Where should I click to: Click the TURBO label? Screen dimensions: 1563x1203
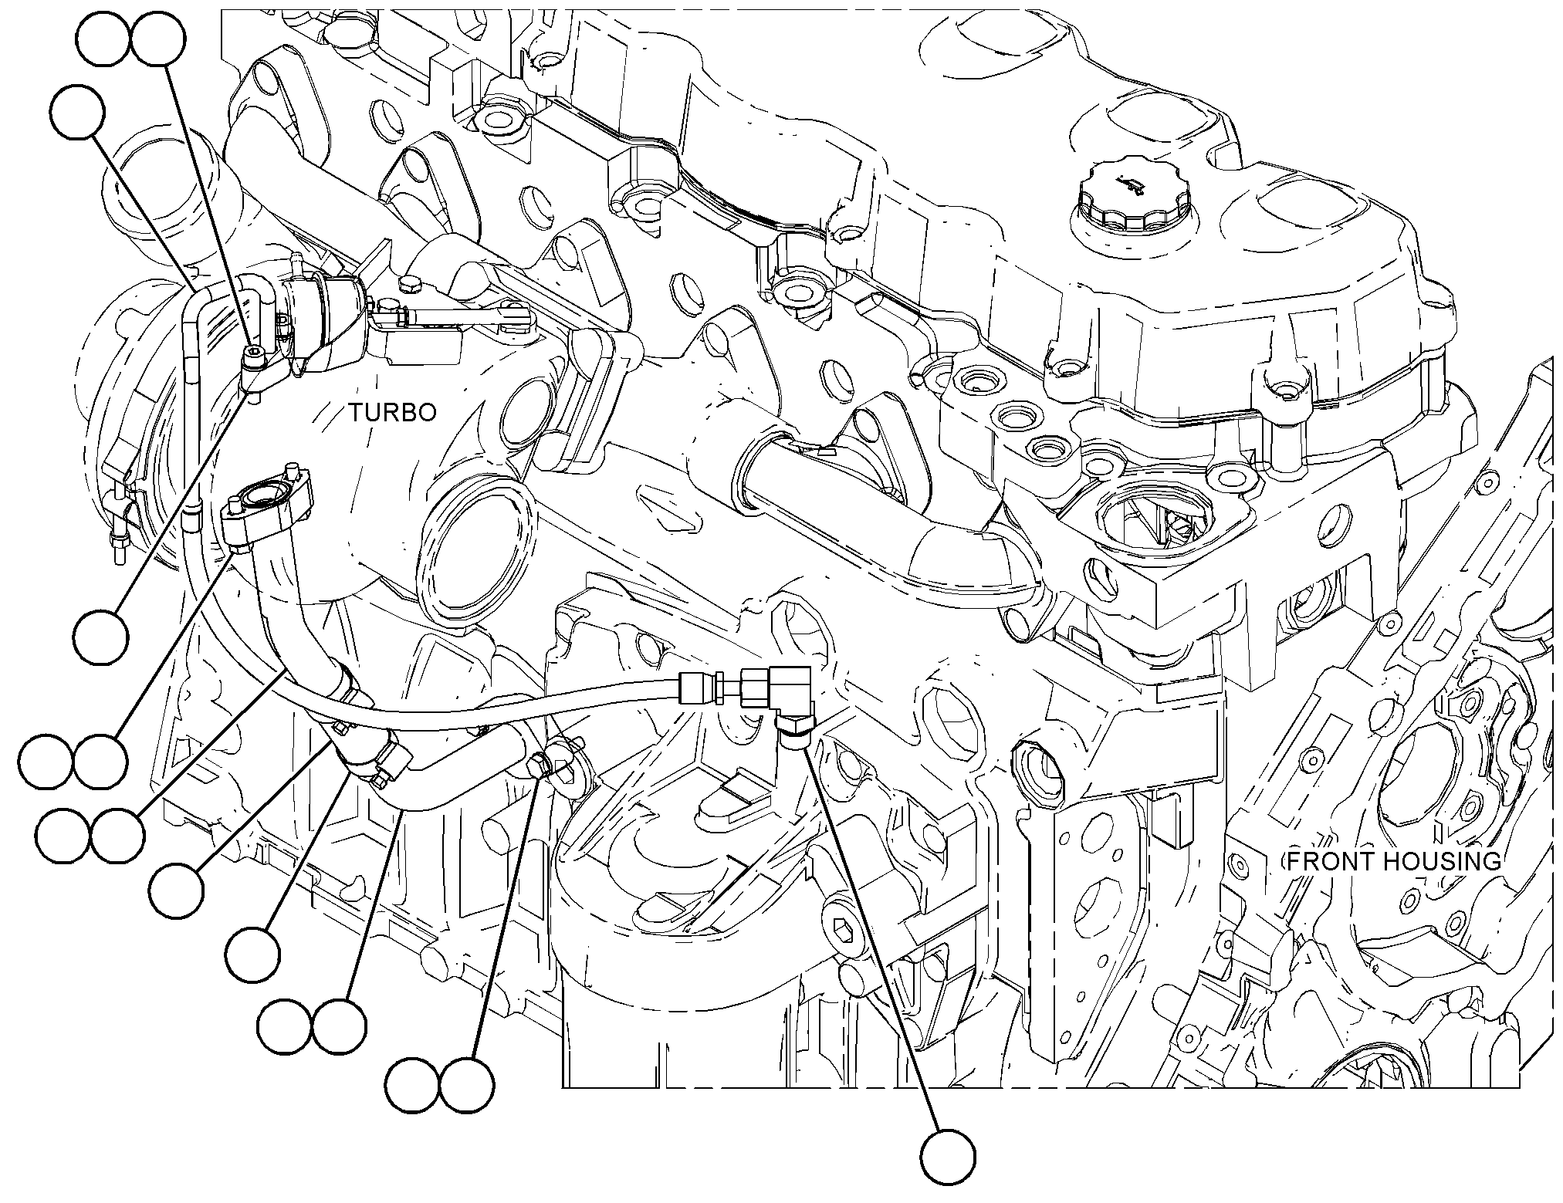click(x=391, y=413)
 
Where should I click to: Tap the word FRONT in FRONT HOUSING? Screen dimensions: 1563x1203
click(x=1328, y=861)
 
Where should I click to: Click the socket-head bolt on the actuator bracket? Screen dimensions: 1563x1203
click(x=255, y=356)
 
